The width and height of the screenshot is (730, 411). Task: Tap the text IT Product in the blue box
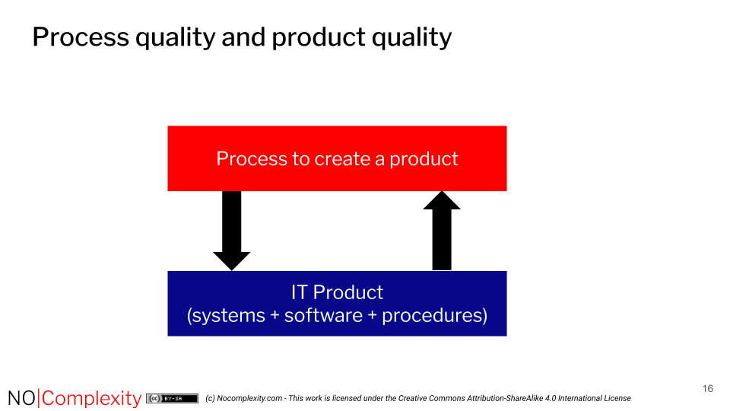point(337,292)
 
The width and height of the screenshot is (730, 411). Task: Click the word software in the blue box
point(323,315)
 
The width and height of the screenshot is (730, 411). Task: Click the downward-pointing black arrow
point(232,229)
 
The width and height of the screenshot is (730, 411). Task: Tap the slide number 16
point(707,389)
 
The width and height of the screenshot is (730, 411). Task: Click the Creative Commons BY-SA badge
point(173,398)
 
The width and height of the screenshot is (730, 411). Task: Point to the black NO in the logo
point(21,398)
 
